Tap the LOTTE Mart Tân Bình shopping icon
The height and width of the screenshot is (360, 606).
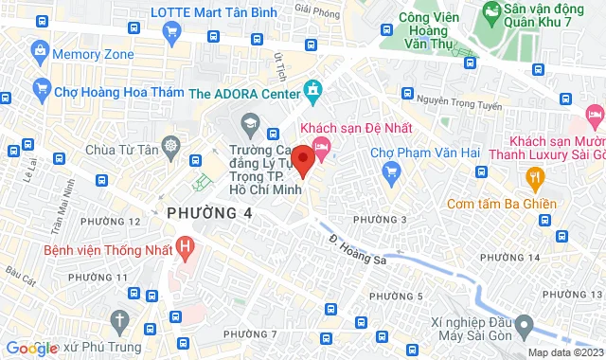(171, 32)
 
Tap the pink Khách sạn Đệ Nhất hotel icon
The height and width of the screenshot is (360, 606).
(322, 146)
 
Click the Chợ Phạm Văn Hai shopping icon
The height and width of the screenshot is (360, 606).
(391, 171)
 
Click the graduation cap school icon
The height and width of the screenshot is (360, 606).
(249, 122)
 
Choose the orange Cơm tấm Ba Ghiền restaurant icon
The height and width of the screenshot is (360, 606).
(535, 176)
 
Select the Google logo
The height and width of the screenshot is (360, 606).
(31, 348)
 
